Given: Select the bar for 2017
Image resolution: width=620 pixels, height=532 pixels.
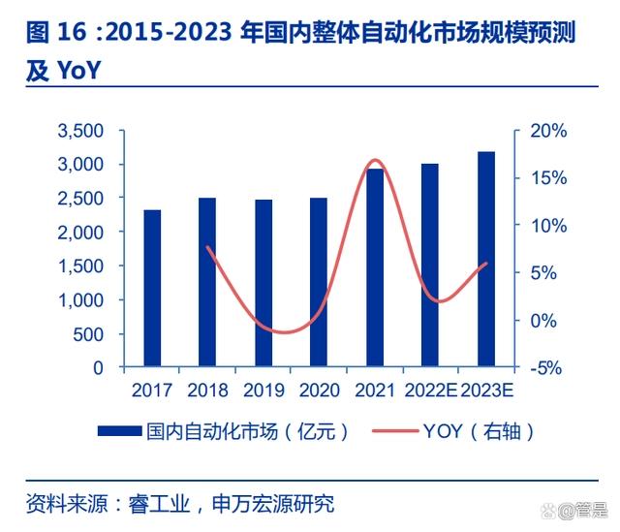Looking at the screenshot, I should coord(152,289).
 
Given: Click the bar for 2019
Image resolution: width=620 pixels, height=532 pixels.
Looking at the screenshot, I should coord(263,284).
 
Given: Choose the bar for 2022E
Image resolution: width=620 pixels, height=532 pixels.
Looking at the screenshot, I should coord(430,266).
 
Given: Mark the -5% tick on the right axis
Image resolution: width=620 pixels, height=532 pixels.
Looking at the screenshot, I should coord(546,368).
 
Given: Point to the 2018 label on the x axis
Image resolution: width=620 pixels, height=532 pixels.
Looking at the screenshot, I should coord(208,390).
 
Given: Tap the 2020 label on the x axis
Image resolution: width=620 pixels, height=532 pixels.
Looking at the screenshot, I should coord(320,390).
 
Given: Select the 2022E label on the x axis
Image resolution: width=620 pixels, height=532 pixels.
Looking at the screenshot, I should coord(430,390).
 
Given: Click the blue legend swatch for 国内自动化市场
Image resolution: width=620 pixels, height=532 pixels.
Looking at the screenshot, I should coord(118,430).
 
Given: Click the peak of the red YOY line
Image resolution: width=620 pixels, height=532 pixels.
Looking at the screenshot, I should coord(377,160).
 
